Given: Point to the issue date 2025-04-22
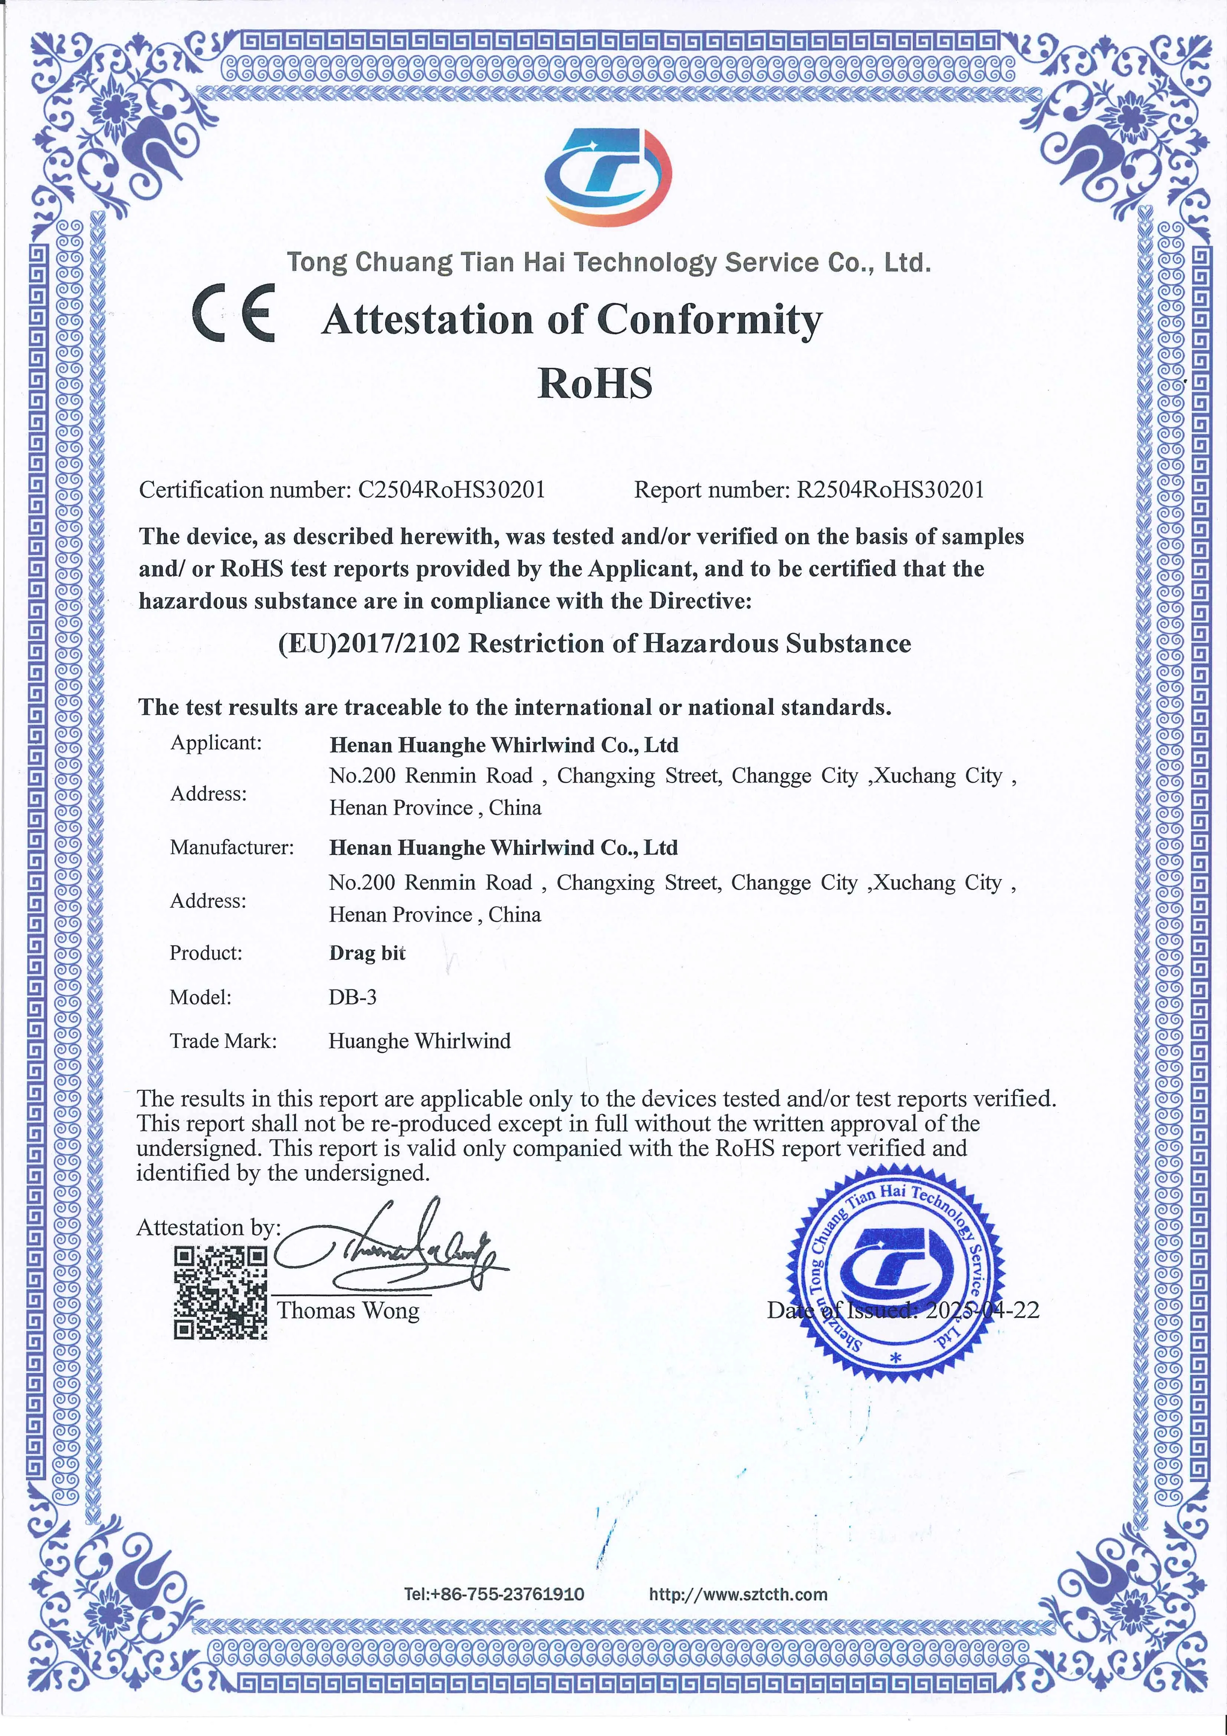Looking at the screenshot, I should point(982,1309).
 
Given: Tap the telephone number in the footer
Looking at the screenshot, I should point(494,1594).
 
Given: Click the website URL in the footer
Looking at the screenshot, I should point(738,1594).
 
